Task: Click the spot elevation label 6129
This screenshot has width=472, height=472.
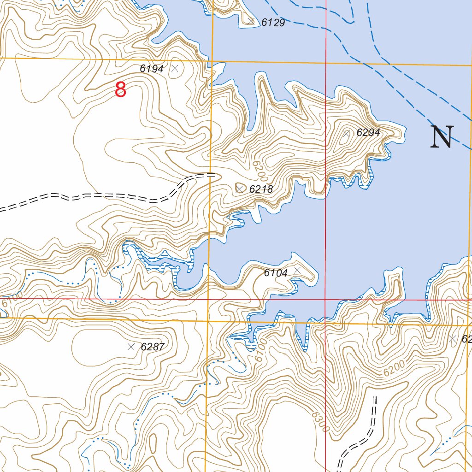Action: (273, 23)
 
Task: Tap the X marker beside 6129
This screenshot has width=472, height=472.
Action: (251, 21)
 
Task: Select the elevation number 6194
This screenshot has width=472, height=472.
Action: (152, 69)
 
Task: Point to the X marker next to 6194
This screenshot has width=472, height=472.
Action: (175, 69)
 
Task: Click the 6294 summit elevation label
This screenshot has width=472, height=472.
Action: (368, 133)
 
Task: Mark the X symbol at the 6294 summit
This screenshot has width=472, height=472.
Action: (347, 133)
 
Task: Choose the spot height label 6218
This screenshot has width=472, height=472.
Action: (261, 189)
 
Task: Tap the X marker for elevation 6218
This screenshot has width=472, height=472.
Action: (240, 189)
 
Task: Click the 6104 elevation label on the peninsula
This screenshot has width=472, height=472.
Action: (276, 273)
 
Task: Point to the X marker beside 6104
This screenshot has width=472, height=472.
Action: (297, 269)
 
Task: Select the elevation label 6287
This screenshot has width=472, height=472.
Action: (153, 347)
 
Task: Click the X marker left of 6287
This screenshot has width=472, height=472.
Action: (131, 347)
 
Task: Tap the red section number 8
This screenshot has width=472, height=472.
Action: (120, 89)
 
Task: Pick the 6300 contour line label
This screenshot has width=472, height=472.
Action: (320, 421)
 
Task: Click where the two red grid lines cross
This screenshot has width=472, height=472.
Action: (325, 299)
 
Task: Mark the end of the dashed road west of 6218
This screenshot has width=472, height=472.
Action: (215, 175)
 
